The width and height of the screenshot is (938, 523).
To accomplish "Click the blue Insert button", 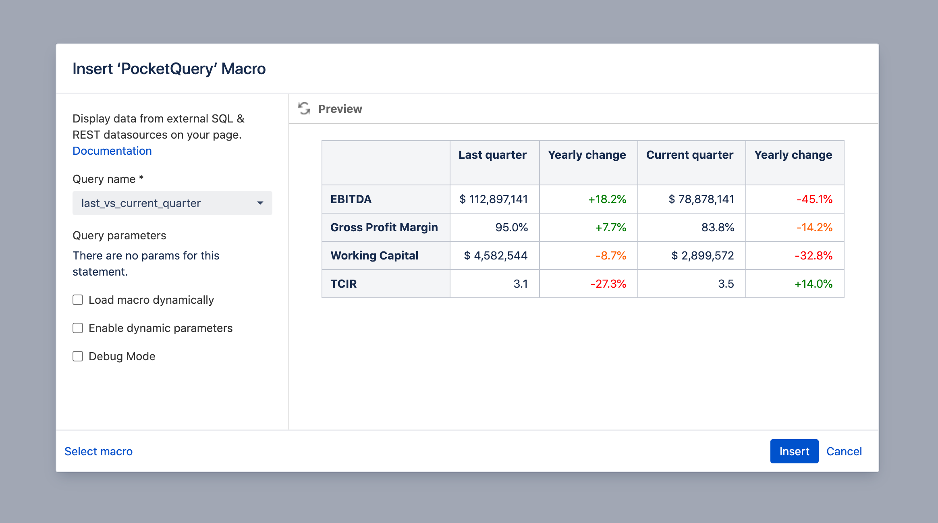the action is point(794,451).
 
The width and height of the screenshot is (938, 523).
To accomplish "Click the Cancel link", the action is point(844,451).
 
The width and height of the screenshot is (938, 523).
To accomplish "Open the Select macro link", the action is point(98,451).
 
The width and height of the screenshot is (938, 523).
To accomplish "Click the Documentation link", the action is point(112,151).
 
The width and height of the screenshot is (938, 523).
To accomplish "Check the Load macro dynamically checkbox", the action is point(78,300).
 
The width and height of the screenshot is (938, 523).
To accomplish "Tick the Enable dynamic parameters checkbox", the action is point(78,328).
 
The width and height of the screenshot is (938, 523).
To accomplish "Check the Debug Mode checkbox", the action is point(78,356).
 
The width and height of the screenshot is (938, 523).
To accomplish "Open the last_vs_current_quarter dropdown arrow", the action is point(260,203).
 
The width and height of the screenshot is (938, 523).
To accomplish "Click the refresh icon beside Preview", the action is point(304,108).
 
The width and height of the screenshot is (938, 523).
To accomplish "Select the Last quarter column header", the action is point(492,155).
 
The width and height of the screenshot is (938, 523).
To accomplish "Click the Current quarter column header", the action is point(690,155).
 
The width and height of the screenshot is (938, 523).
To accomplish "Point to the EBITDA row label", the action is point(351,199).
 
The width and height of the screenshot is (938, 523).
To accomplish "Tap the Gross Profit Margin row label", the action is point(384,227).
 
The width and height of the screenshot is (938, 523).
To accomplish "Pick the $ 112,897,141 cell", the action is point(494,199).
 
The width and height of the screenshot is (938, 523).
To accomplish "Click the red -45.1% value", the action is point(814,199).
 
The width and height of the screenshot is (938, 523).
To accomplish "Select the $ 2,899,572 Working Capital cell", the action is point(703,255).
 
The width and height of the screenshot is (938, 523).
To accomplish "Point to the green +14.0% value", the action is point(813,284).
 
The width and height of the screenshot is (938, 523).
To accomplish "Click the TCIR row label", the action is point(344,284).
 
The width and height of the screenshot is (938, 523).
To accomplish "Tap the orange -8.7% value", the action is point(611,255).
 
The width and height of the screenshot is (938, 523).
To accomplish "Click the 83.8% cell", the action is point(718,227).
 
